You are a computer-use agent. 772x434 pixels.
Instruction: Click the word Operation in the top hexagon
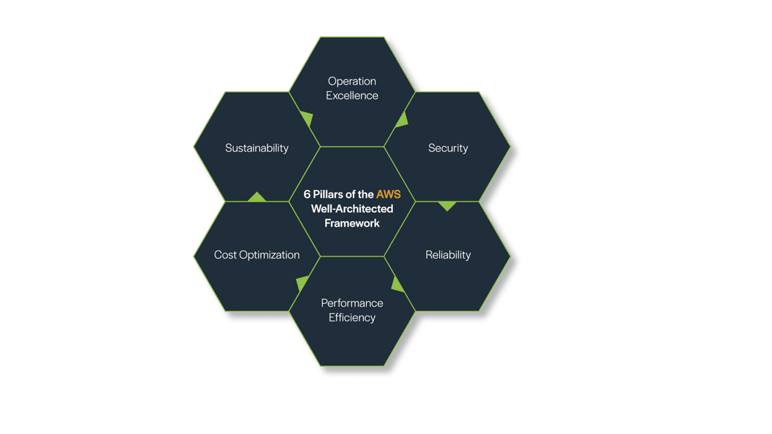352,81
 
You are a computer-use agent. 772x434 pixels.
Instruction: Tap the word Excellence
352,96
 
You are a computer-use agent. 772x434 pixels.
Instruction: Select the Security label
448,148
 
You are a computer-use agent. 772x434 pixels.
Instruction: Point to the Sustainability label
256,148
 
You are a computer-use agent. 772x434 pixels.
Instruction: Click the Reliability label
448,255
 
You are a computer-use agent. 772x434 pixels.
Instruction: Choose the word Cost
225,255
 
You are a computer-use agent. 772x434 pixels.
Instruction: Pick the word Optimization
269,255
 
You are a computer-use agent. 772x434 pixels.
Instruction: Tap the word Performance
352,303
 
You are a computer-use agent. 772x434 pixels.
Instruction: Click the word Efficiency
352,318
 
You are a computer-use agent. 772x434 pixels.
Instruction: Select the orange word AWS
388,195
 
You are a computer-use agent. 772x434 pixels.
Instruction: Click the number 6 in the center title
307,195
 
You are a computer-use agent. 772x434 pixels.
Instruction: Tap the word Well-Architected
352,209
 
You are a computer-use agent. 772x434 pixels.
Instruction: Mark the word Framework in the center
352,223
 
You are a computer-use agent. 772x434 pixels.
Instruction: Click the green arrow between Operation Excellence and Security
402,120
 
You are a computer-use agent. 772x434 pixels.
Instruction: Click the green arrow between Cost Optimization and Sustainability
257,197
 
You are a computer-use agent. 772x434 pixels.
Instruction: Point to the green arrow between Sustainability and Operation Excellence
306,119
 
